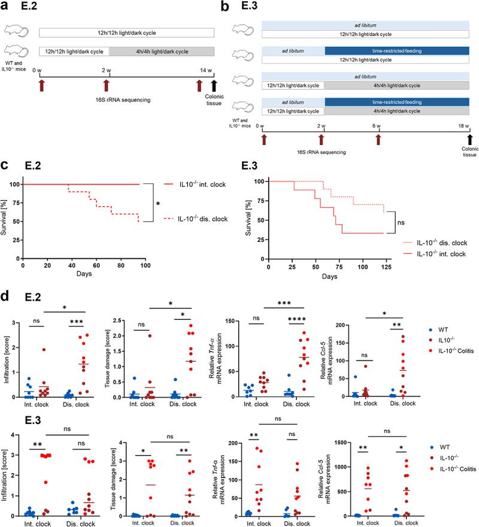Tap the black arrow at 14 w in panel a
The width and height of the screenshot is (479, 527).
[214, 86]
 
